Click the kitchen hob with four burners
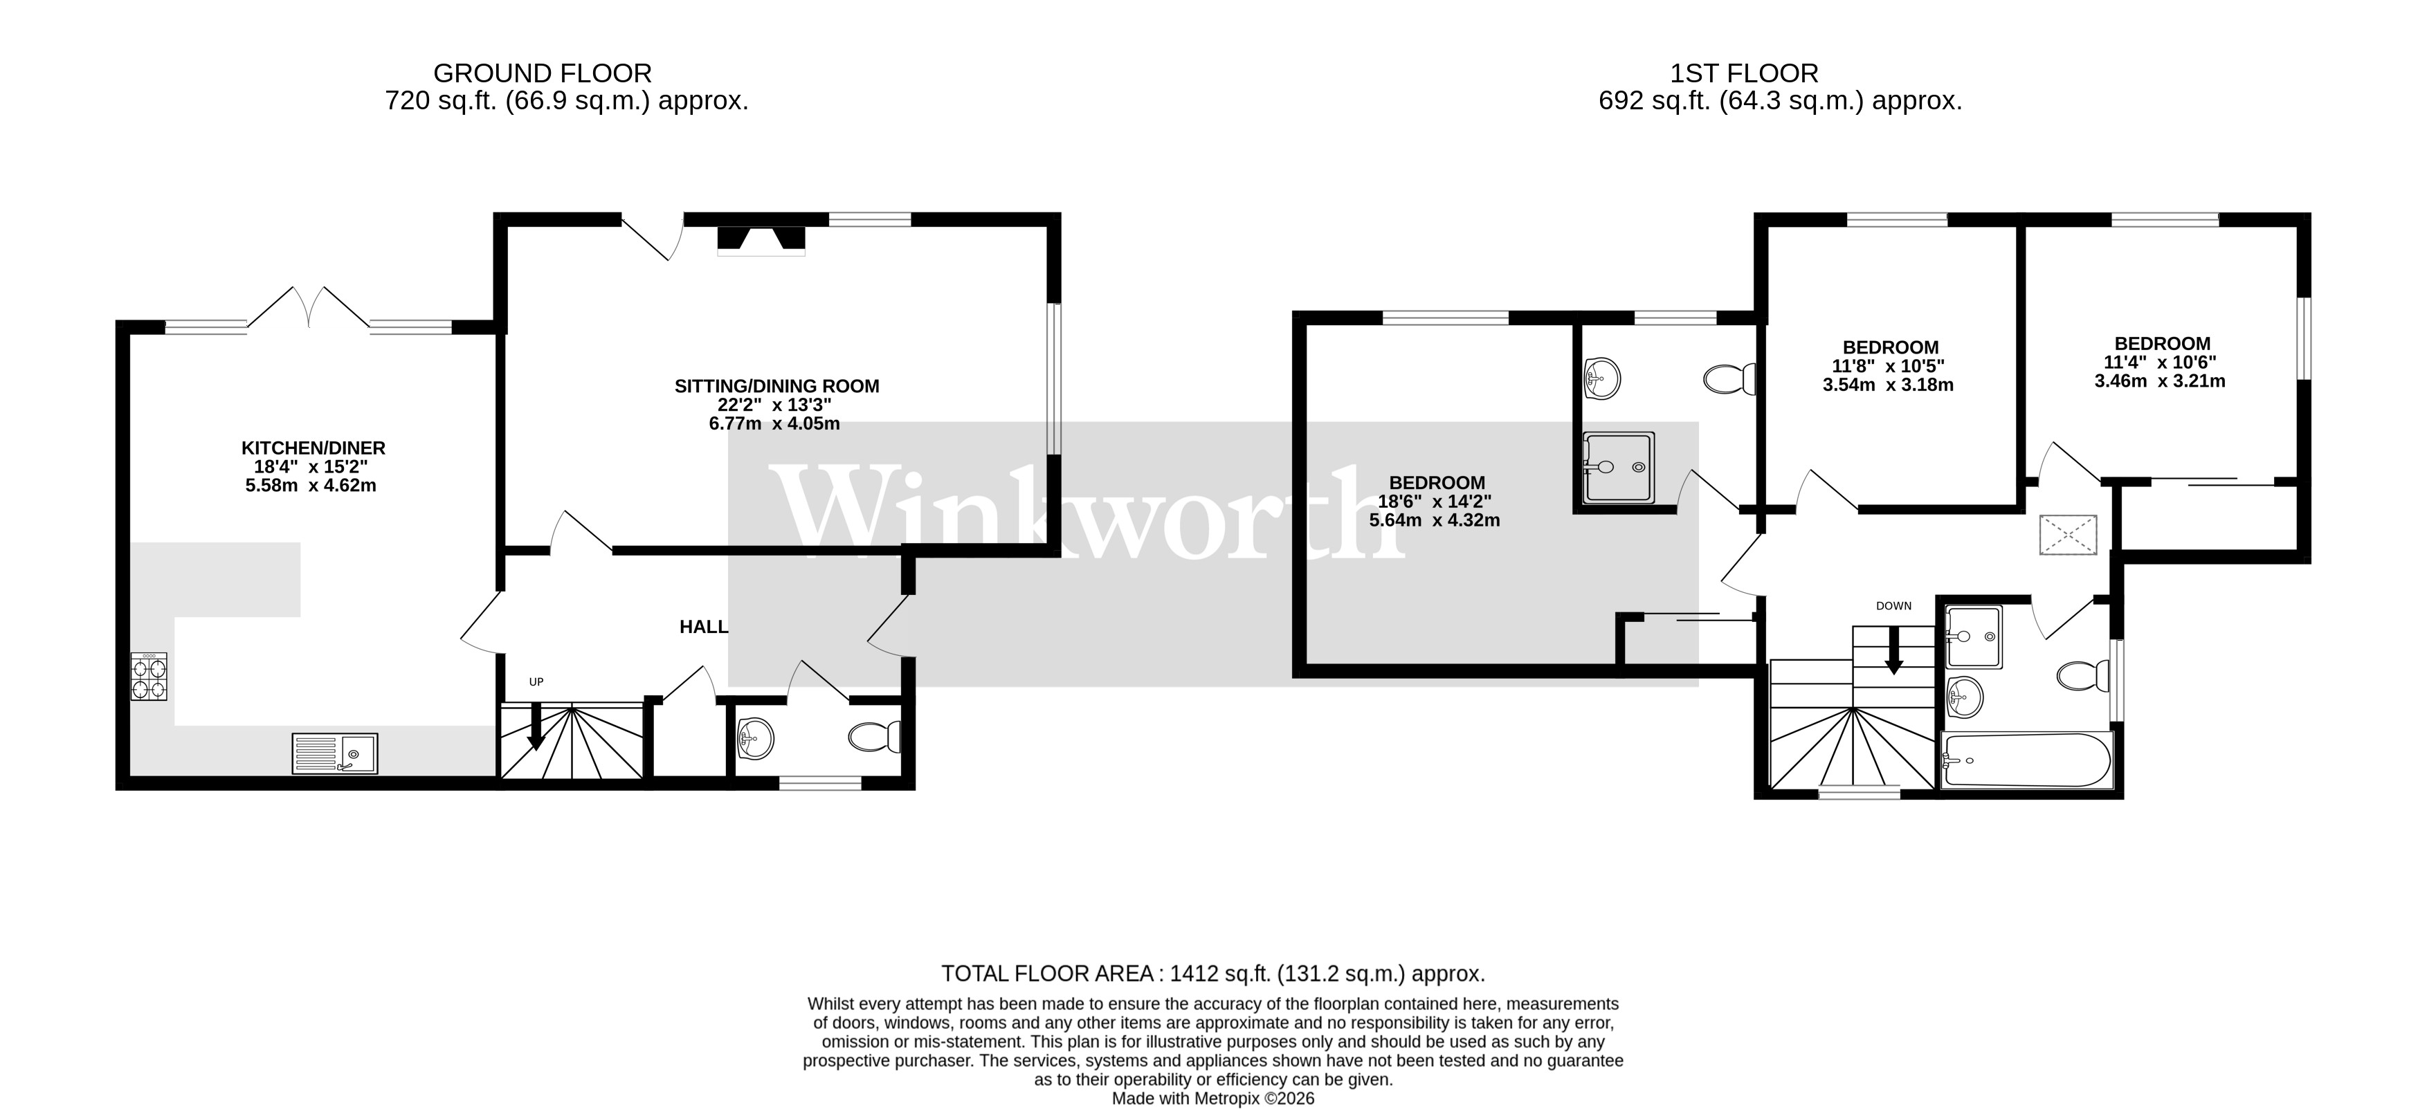[x=149, y=677]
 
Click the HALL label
[x=704, y=627]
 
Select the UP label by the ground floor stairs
[x=536, y=682]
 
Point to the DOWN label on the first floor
[x=1893, y=606]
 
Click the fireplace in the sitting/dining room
[x=761, y=241]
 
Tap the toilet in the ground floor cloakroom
[x=875, y=736]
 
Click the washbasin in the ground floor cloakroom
[x=756, y=737]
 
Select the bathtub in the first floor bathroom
[x=2026, y=760]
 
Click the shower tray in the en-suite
[x=1619, y=468]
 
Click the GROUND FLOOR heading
[x=542, y=73]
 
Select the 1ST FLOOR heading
[x=1744, y=73]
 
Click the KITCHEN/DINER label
[x=313, y=448]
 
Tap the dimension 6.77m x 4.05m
[x=774, y=424]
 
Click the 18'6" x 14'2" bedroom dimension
[x=1435, y=502]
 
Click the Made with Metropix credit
[x=1212, y=1099]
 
